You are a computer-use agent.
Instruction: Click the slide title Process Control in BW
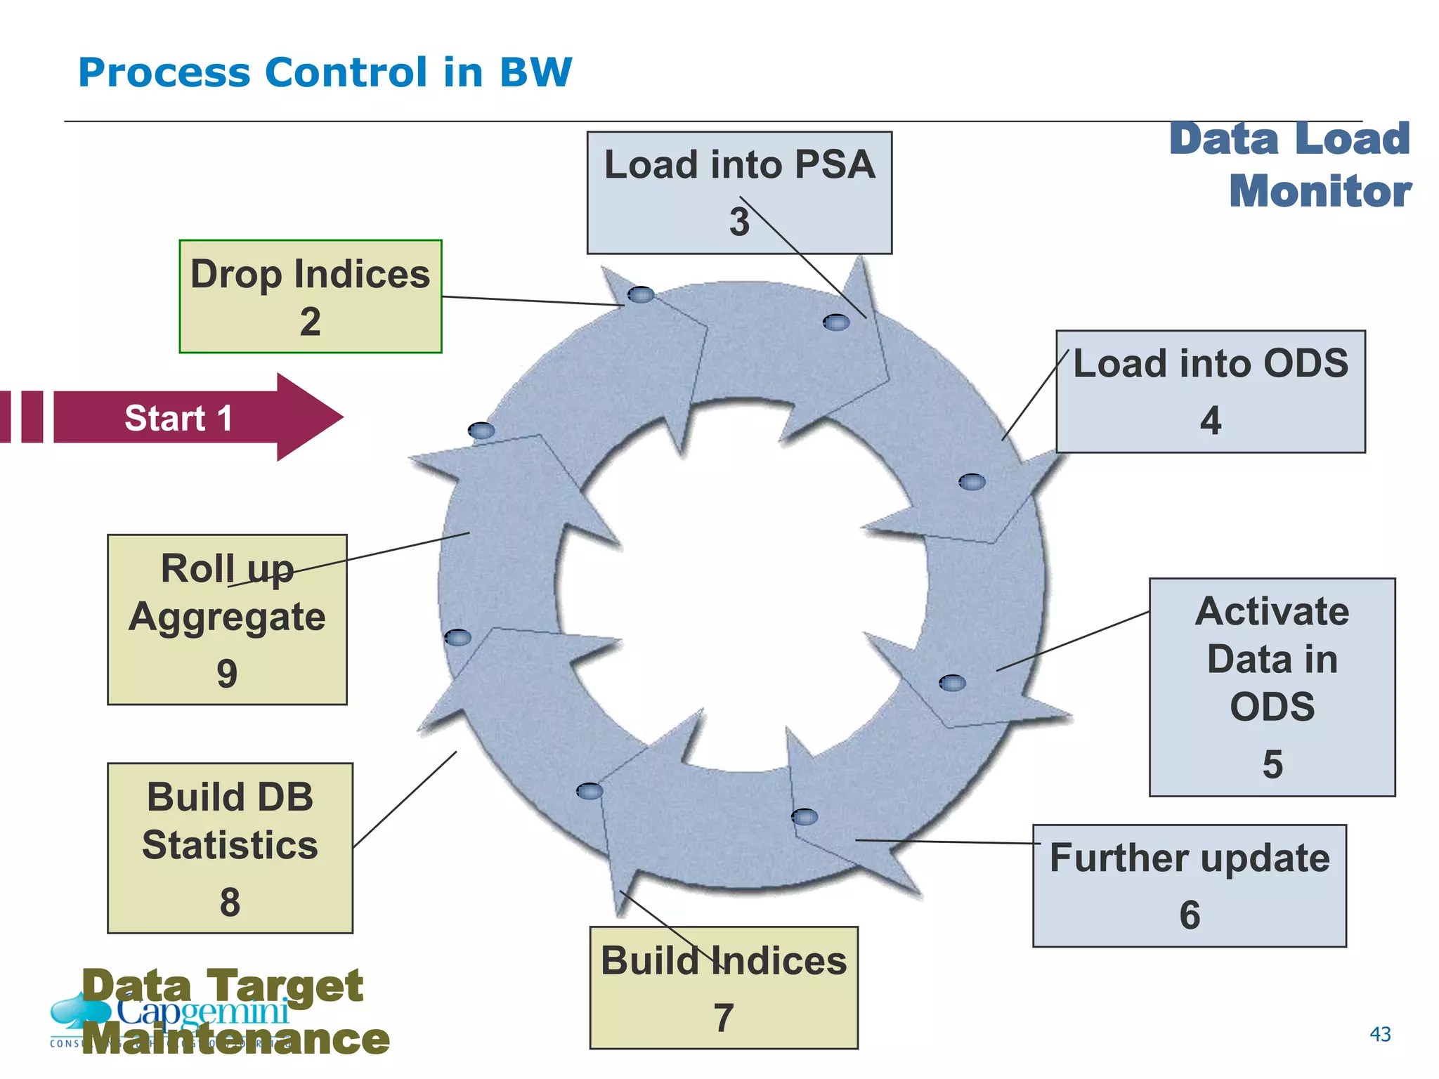coord(325,72)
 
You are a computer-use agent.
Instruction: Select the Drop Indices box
coord(310,296)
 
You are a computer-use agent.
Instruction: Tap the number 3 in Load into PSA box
coord(738,222)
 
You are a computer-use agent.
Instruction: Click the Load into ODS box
coord(1210,391)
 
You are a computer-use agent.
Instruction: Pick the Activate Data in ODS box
coord(1272,686)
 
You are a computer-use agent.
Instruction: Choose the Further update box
coord(1189,885)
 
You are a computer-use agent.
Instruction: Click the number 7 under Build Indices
coord(724,1018)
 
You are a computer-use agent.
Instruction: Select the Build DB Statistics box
coord(230,847)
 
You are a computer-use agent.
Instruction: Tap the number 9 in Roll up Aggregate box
coord(226,674)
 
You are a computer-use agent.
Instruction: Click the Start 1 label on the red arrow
coord(178,418)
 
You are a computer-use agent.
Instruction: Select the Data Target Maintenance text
coord(235,1012)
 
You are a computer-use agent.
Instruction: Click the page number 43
coord(1380,1034)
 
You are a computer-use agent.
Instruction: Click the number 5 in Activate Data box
coord(1272,764)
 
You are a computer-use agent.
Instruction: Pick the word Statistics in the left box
coord(230,844)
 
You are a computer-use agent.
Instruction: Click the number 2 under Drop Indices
coord(310,322)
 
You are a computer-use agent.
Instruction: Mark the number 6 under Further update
coord(1189,915)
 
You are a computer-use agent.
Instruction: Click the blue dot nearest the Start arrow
coord(481,431)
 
